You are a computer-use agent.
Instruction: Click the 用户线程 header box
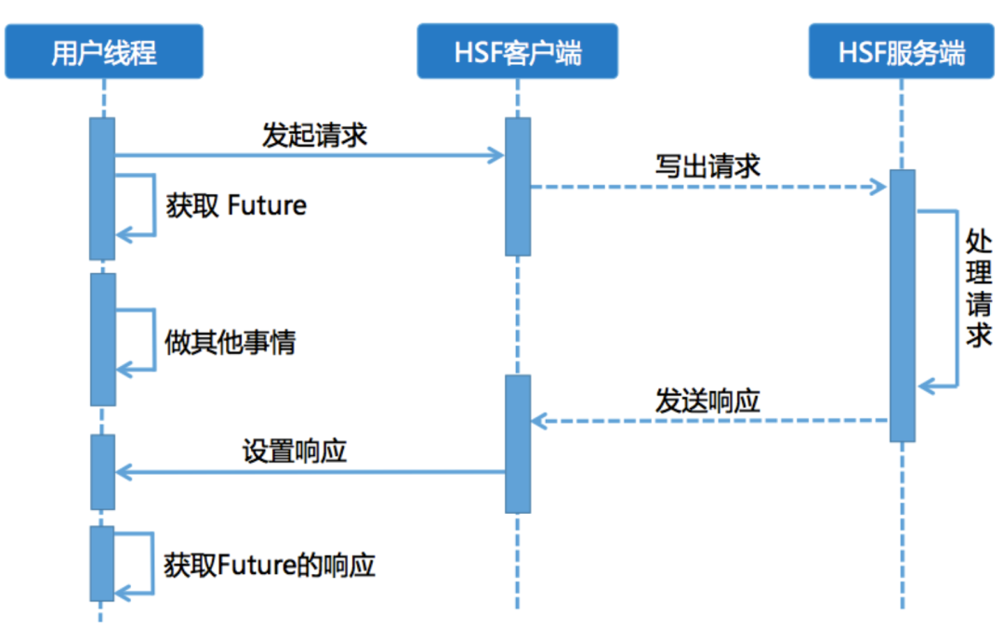[102, 52]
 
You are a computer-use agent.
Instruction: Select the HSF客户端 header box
[517, 52]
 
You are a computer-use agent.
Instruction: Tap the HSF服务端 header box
[901, 52]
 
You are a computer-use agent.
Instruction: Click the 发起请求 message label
[314, 136]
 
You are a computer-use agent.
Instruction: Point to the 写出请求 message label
[707, 165]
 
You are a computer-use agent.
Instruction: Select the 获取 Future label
[236, 205]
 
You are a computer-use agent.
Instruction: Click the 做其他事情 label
[230, 343]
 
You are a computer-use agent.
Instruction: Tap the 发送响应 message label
[707, 400]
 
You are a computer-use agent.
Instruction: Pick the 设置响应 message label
[295, 451]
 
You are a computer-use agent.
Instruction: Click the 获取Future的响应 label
[270, 565]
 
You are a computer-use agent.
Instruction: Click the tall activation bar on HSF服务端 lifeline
[902, 306]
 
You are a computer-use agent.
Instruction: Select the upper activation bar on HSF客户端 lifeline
[518, 186]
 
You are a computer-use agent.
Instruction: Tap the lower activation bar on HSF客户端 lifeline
[518, 443]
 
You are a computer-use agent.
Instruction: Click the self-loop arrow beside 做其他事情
[152, 340]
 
